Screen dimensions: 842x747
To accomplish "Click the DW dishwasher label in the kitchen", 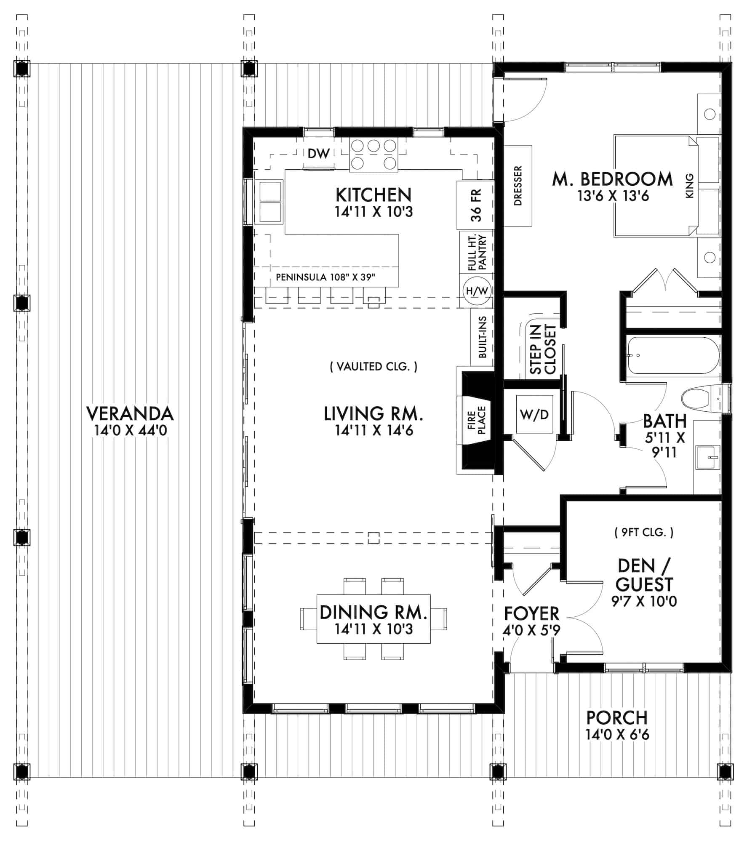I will [x=318, y=154].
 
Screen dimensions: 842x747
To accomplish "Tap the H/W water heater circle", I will [x=477, y=290].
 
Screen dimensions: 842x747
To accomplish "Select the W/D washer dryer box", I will [x=534, y=414].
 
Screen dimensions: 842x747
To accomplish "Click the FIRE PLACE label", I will [x=476, y=420].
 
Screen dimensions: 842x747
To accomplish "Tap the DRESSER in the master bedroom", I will [x=518, y=186].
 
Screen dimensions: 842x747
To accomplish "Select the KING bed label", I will [x=689, y=187].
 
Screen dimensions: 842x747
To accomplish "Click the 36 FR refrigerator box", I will [x=475, y=205].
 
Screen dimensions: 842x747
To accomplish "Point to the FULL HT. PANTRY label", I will [x=477, y=253].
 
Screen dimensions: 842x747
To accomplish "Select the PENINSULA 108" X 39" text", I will [x=325, y=277].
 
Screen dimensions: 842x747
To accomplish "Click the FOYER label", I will [x=532, y=613].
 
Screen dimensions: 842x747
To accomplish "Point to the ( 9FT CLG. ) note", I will [x=643, y=533].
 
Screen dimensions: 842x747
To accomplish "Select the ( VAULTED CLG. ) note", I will [x=373, y=367].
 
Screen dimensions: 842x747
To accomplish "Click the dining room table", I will [x=373, y=619].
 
